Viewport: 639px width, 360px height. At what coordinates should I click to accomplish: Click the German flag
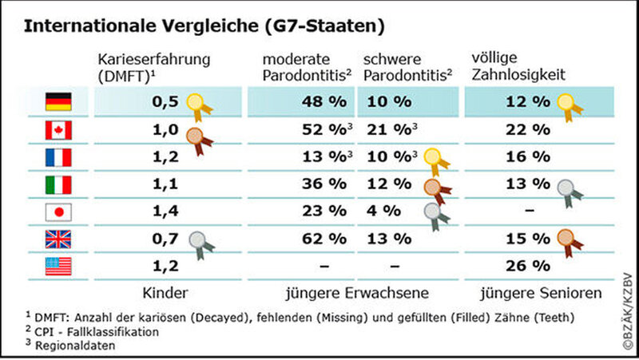pyautogui.click(x=58, y=101)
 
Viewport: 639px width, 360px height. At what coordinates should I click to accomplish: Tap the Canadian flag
pyautogui.click(x=58, y=129)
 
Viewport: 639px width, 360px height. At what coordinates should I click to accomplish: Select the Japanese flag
pyautogui.click(x=58, y=212)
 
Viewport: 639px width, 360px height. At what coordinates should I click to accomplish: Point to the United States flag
pyautogui.click(x=58, y=266)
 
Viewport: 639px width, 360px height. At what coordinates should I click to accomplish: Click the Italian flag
pyautogui.click(x=58, y=184)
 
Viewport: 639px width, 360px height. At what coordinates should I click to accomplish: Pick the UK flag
pyautogui.click(x=58, y=239)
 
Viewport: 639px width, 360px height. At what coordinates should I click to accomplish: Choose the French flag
pyautogui.click(x=58, y=156)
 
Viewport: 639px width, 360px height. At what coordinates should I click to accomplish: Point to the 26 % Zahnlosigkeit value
pyautogui.click(x=530, y=266)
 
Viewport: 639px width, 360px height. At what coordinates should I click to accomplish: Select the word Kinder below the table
pyautogui.click(x=165, y=294)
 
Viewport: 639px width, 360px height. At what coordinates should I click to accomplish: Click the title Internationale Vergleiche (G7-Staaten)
pyautogui.click(x=204, y=26)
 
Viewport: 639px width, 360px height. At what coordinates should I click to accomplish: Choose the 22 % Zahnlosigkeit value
pyautogui.click(x=530, y=129)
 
